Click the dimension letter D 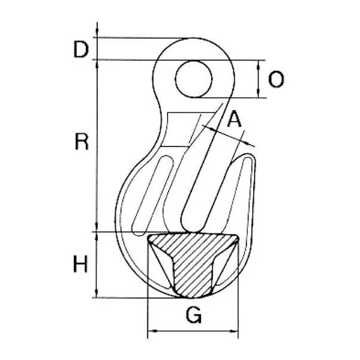pos(81,49)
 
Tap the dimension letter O pos(276,79)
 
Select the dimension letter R pos(82,142)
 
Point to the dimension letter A pos(234,119)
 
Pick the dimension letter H pos(80,264)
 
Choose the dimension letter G pos(194,315)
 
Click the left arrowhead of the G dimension pos(152,331)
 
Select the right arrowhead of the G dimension pos(234,331)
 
